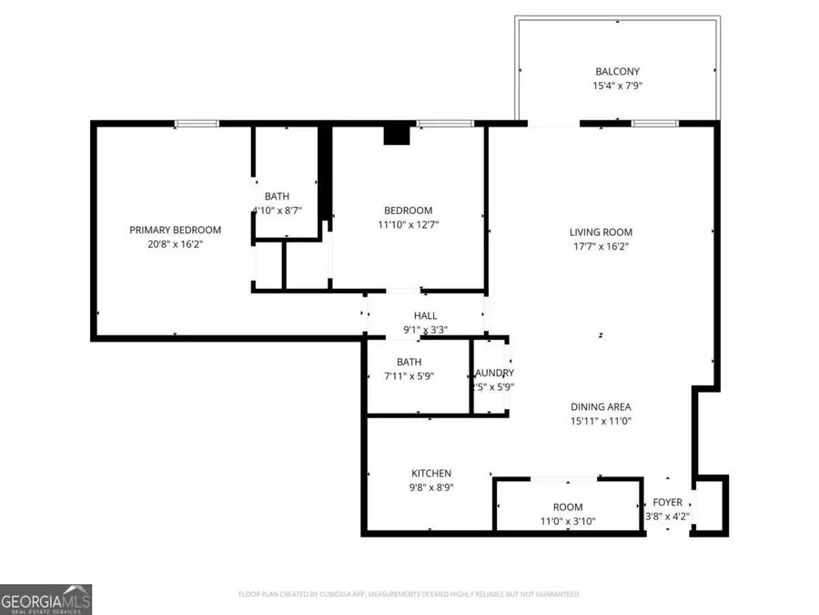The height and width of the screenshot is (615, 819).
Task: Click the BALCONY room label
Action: point(617,71)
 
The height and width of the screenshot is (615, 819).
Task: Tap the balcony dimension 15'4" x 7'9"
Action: point(617,87)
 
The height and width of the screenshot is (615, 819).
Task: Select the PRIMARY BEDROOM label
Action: point(176,230)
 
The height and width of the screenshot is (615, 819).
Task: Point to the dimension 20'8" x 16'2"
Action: point(176,244)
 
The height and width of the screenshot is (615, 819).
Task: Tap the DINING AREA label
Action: point(601,406)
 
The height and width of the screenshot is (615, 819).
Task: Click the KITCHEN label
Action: point(431,473)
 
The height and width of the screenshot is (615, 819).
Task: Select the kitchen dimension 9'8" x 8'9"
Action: point(431,487)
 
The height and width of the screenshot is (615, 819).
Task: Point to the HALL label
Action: point(426,315)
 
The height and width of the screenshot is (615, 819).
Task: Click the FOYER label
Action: point(667,502)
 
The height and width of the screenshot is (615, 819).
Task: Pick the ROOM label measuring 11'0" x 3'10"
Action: point(568,507)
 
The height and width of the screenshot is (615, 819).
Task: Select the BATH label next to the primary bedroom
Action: point(277,196)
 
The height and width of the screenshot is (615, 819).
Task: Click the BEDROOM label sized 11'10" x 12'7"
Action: point(405,210)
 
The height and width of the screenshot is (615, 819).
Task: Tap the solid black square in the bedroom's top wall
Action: point(397,135)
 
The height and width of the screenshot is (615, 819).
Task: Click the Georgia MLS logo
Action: point(45,599)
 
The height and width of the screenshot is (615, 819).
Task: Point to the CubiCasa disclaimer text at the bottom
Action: point(409,594)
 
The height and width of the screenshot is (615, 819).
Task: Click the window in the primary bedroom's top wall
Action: point(197,124)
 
